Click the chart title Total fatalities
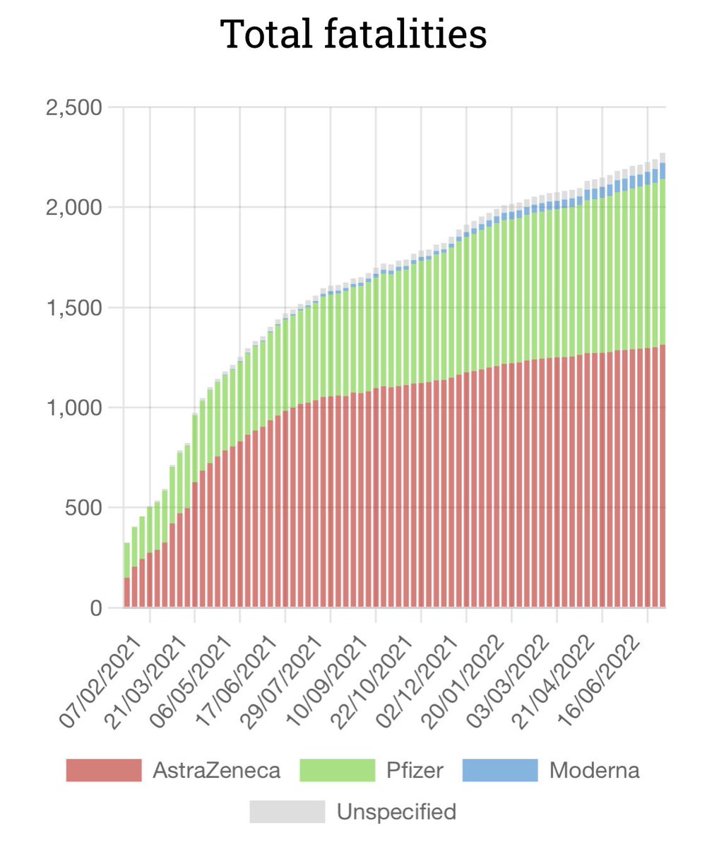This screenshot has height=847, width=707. point(353,34)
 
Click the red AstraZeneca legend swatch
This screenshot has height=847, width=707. point(104,770)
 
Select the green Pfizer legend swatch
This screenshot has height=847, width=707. point(337,770)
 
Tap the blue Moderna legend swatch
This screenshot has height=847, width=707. point(500,770)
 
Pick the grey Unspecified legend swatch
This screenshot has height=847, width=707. point(287,812)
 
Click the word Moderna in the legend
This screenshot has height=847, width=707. point(595,770)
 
